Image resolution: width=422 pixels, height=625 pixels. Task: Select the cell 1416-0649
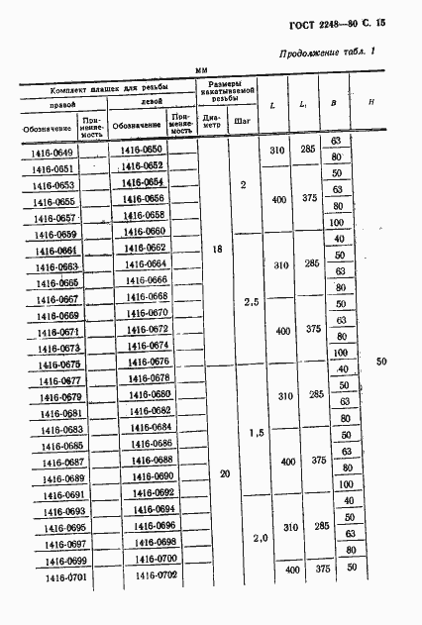[x=49, y=152]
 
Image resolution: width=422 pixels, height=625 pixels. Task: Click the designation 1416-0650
[x=142, y=150]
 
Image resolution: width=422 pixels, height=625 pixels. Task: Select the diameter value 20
[x=225, y=474]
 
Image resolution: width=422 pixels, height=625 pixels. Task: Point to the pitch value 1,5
[x=257, y=433]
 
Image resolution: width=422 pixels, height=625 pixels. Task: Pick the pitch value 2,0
[x=260, y=538]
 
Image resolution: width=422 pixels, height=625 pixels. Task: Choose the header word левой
[x=152, y=101]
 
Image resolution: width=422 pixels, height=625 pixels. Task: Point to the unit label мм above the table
[x=201, y=70]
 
